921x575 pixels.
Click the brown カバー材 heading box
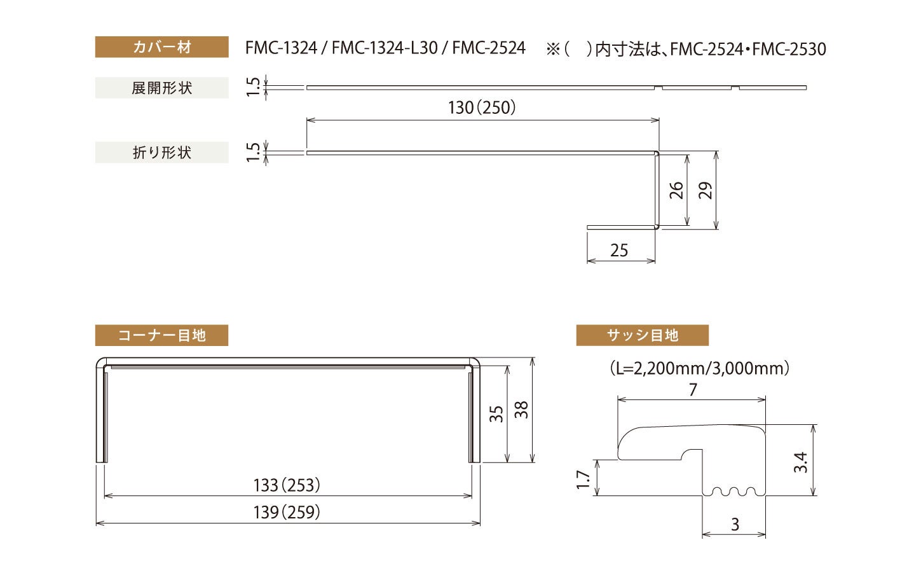click(x=161, y=47)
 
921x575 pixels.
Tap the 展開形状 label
click(x=161, y=88)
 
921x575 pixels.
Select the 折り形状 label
click(x=161, y=152)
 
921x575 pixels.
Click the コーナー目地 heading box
click(x=161, y=335)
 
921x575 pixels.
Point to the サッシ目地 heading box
click(x=642, y=335)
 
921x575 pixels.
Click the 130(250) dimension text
click(x=481, y=107)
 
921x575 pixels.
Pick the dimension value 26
click(x=676, y=190)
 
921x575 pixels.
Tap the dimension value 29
click(x=705, y=190)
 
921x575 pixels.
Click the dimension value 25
click(x=619, y=250)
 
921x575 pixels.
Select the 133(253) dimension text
click(x=287, y=485)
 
